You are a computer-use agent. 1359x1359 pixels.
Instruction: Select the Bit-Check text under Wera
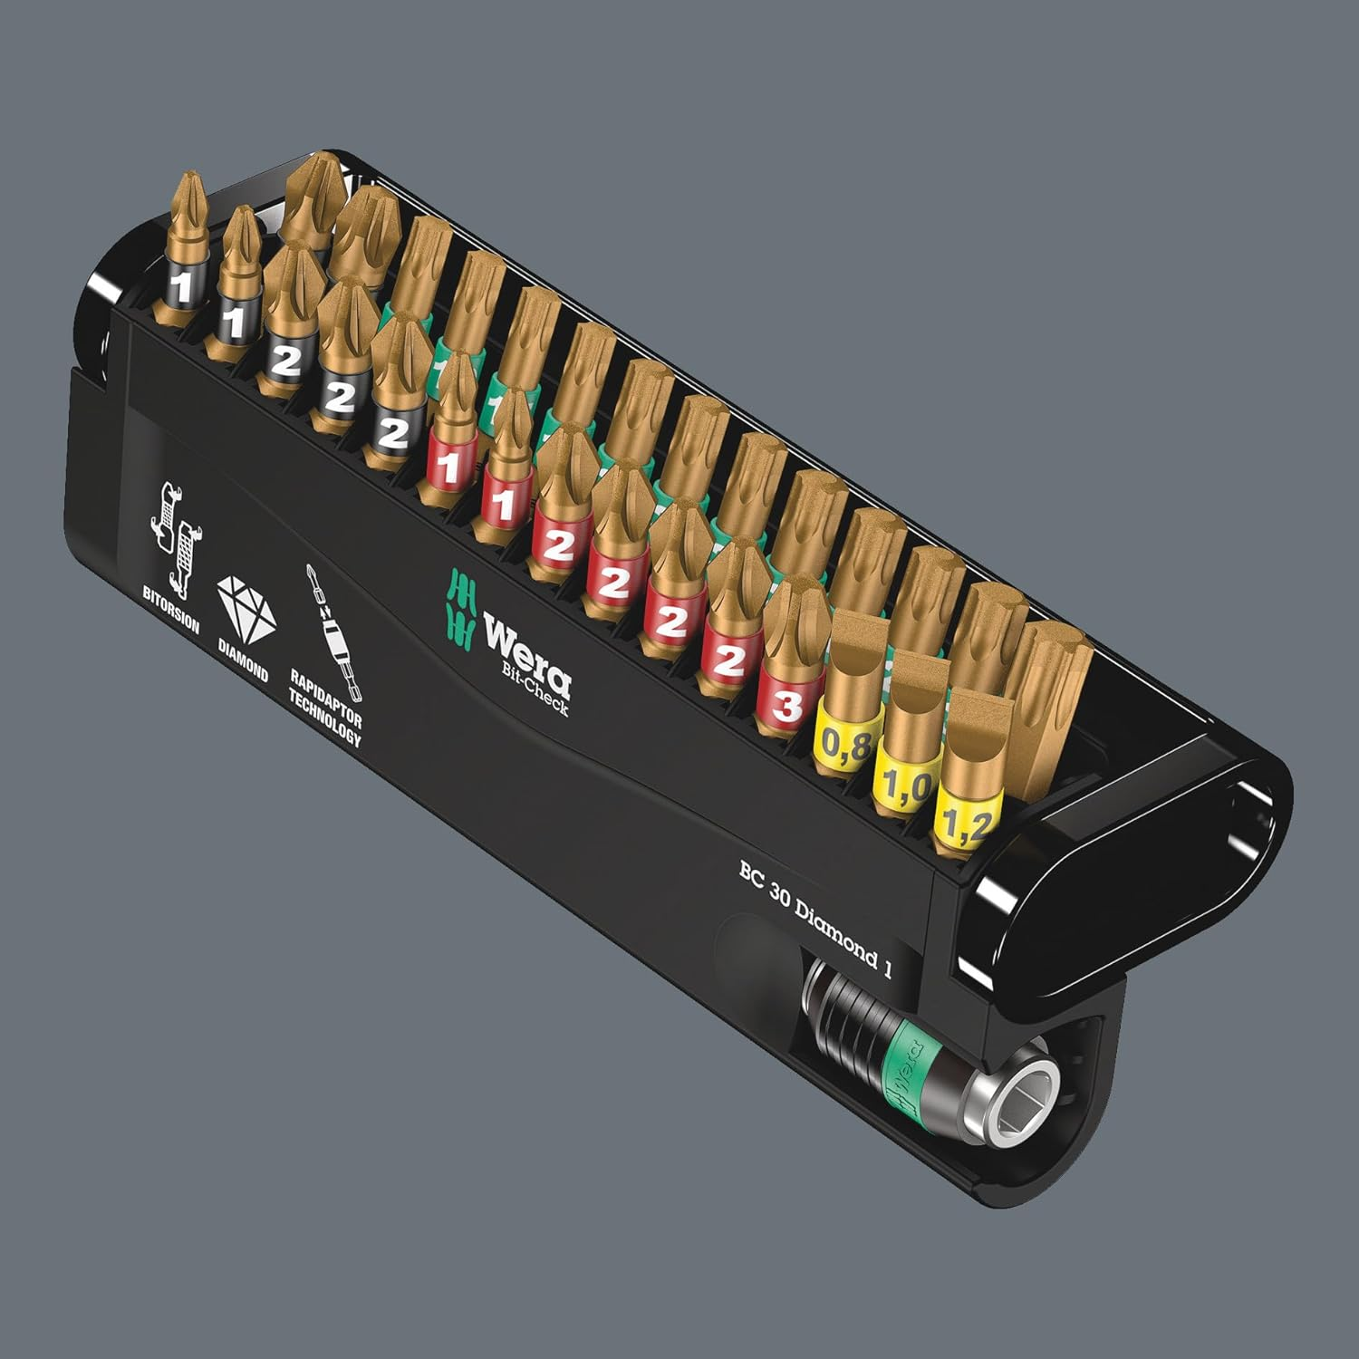535,689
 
